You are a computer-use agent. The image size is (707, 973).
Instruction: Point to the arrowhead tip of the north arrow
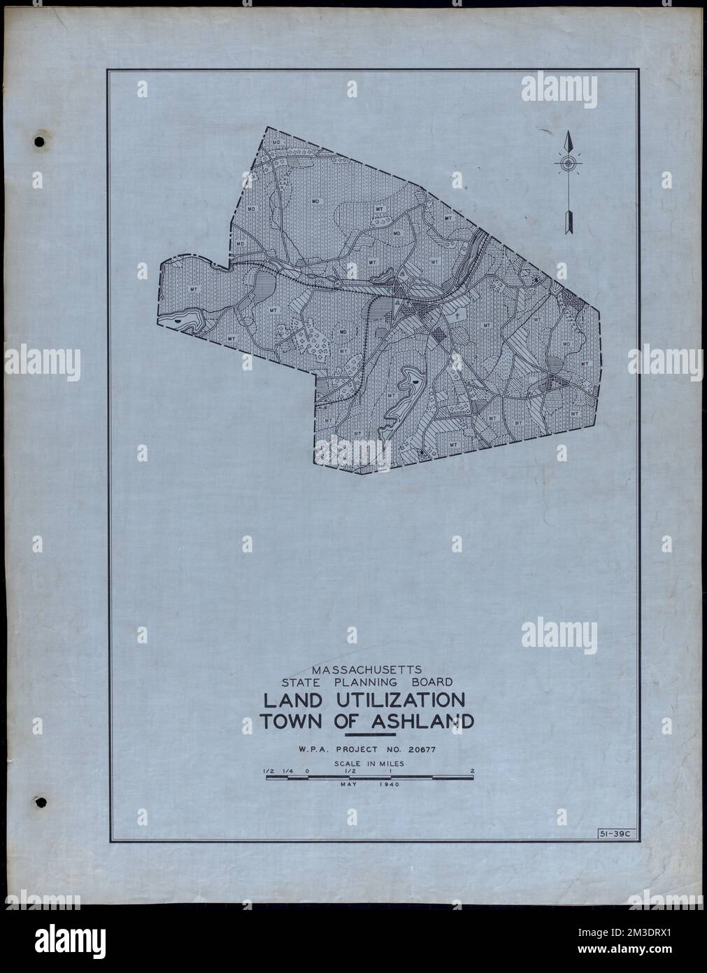point(569,133)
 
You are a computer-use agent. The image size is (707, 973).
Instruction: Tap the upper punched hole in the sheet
point(40,141)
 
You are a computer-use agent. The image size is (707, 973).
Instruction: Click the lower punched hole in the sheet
point(40,801)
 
